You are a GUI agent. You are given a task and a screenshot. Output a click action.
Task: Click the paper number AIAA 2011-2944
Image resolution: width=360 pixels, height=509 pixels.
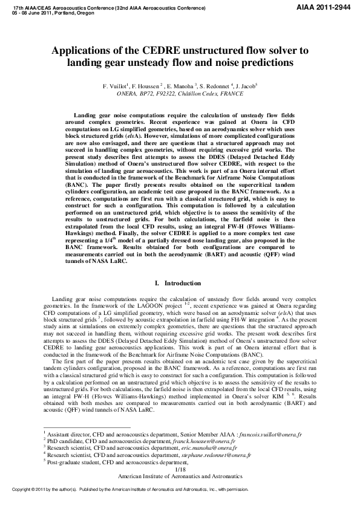(x=327, y=5)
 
